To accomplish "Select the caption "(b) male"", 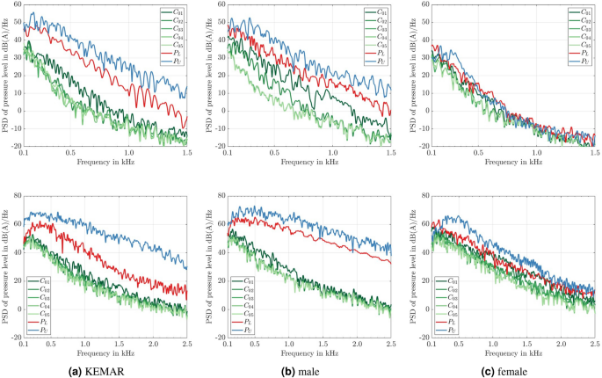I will pyautogui.click(x=303, y=370).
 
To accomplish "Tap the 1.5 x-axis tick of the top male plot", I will pyautogui.click(x=391, y=153).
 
